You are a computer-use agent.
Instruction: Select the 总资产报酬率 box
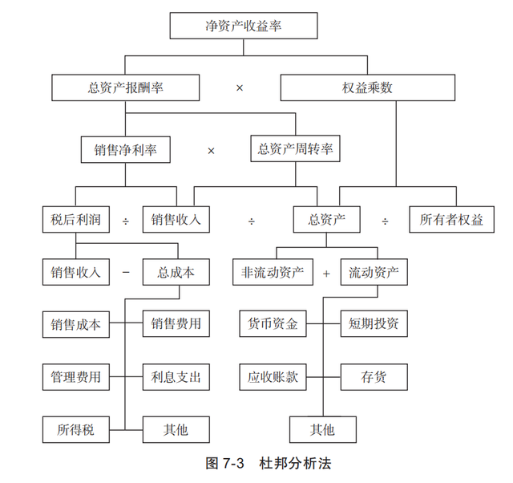(x=124, y=87)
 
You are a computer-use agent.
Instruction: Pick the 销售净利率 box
(x=123, y=149)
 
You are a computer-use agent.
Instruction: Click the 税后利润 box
(x=71, y=220)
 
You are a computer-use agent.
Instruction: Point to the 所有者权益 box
(x=451, y=220)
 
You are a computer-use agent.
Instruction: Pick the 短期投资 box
(x=374, y=324)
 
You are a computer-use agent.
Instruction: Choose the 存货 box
(x=374, y=376)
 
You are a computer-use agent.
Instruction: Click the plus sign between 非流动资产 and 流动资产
(x=326, y=274)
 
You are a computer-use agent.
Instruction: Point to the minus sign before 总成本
(x=125, y=273)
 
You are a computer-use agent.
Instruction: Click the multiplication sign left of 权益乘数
(x=239, y=87)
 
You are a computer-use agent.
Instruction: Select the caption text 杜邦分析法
(x=296, y=464)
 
